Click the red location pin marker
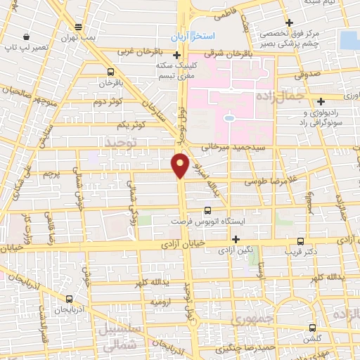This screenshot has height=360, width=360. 181,165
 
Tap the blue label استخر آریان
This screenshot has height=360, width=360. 198,36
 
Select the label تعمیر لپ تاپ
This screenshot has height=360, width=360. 26,49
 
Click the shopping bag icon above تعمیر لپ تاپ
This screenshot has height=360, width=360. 26,37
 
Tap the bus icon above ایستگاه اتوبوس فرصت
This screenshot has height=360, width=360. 207,210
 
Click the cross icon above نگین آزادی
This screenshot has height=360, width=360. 236,238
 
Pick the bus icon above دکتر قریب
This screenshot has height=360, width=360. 300,240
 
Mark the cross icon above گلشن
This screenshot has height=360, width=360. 313,327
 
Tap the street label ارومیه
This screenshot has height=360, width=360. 160,301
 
